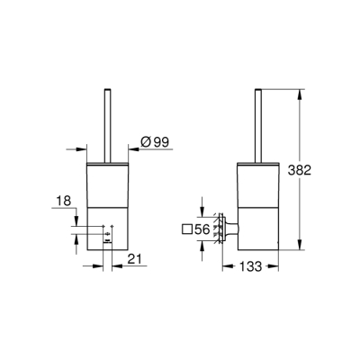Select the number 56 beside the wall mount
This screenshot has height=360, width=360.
coord(202,230)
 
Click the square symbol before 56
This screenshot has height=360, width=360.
coord(186,230)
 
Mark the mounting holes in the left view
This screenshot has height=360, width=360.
coord(106,237)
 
